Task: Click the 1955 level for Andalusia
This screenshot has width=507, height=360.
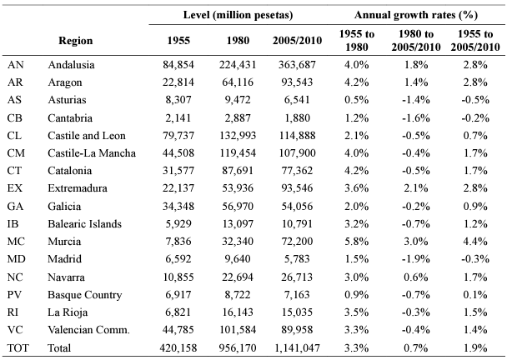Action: (178, 65)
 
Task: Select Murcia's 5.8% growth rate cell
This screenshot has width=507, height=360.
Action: (356, 242)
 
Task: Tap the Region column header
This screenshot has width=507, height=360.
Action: (75, 40)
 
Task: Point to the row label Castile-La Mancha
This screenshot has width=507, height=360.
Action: (92, 152)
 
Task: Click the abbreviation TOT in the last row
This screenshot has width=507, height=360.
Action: (18, 347)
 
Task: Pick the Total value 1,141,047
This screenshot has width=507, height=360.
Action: (297, 347)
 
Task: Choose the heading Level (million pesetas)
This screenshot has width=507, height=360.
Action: (238, 15)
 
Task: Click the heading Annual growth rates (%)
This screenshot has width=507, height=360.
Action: (416, 15)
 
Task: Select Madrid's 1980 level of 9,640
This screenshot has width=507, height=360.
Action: (238, 259)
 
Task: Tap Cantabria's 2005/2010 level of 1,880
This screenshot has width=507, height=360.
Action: (297, 118)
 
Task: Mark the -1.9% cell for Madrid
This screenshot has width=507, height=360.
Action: (416, 259)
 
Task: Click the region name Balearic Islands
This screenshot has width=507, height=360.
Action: (84, 224)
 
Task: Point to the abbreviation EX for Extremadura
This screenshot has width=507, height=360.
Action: (15, 188)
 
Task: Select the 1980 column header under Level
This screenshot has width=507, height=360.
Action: (238, 40)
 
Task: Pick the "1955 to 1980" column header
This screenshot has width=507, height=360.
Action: (356, 40)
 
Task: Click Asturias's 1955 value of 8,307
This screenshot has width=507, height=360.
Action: (178, 99)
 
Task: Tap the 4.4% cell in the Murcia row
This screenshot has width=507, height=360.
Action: (475, 242)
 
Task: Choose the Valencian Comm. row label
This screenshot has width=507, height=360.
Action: (88, 330)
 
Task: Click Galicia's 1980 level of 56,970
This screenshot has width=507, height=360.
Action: (238, 206)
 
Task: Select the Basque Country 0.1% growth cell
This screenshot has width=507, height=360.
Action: (475, 295)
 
